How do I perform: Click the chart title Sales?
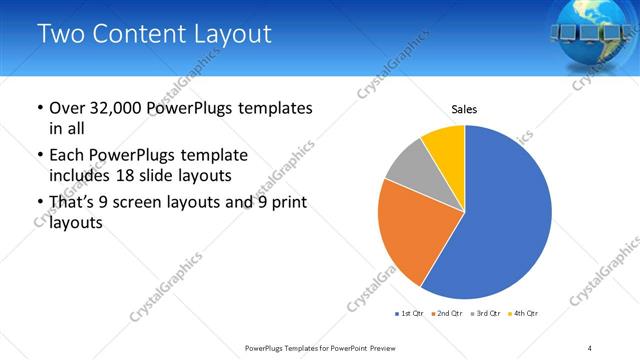pos(464,108)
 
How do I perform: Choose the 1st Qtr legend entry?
pos(410,314)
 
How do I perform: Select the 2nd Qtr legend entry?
pos(447,314)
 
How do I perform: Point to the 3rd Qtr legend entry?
pos(485,314)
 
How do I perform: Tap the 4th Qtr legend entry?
pos(523,314)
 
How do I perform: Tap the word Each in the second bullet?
pos(67,155)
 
